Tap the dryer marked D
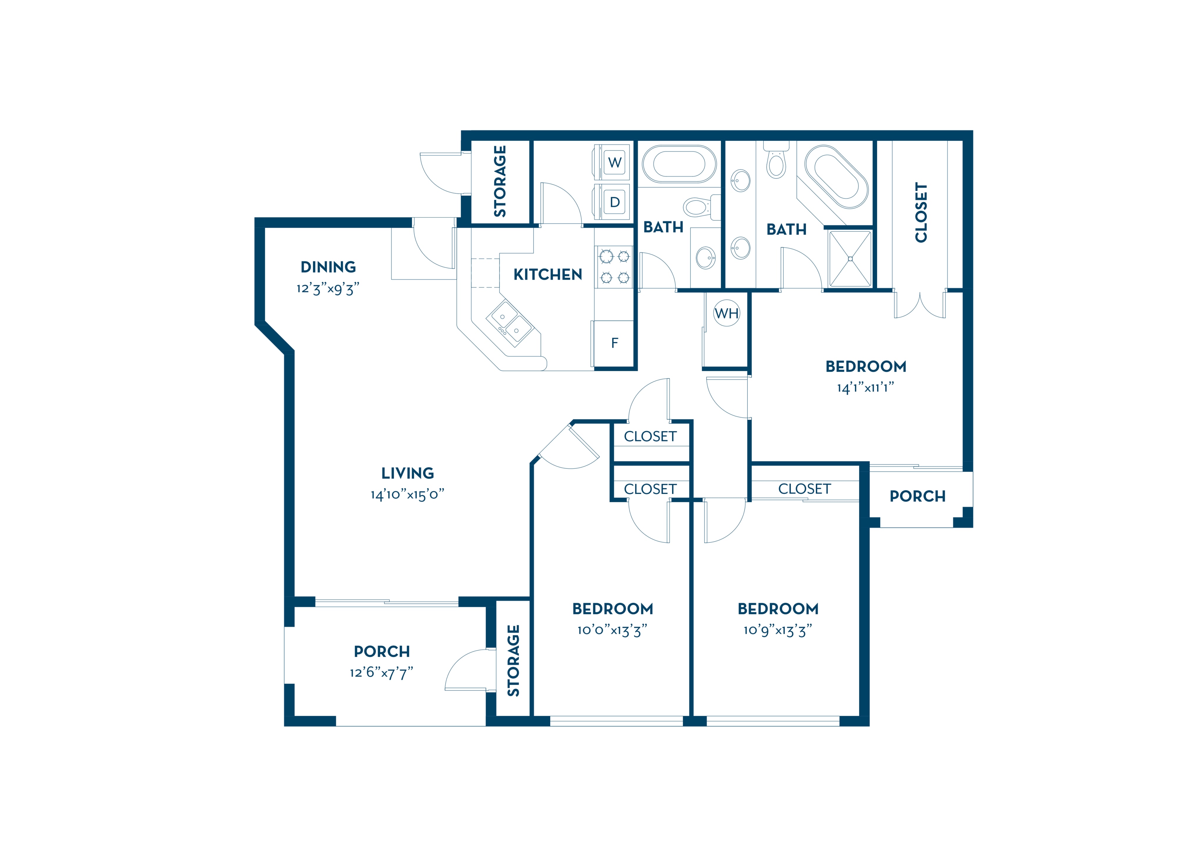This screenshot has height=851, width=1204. pos(612,202)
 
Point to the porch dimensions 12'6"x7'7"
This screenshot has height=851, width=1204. pos(382,672)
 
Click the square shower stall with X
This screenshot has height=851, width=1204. pos(850,259)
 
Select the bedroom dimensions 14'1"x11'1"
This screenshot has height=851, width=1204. pos(865,388)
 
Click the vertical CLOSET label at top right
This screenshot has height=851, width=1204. pos(921,212)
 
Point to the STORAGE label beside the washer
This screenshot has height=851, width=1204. pos(500,181)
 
